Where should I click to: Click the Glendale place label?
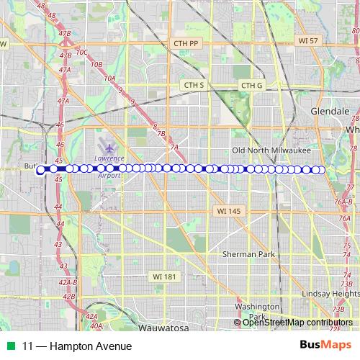(x=330, y=112)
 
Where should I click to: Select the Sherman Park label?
(x=249, y=254)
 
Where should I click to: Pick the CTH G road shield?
(x=252, y=86)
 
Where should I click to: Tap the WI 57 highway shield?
(x=307, y=41)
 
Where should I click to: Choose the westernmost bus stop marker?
(x=40, y=170)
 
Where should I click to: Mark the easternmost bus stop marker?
(x=322, y=170)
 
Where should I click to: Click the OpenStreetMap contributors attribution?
(x=297, y=323)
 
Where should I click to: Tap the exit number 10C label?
(x=81, y=52)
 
